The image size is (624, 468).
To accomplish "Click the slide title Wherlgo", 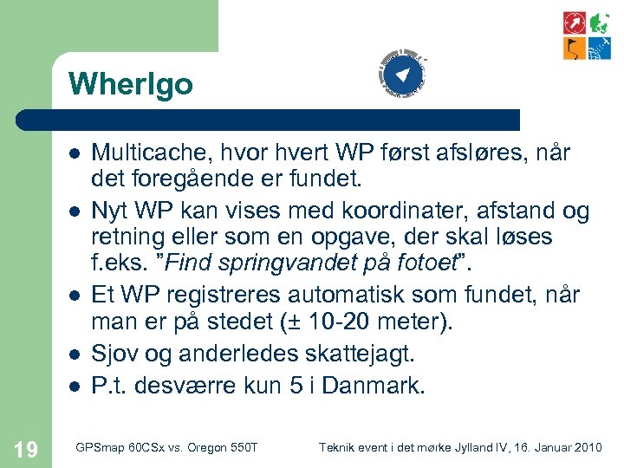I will click(x=130, y=84).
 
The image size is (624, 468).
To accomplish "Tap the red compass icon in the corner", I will click(x=574, y=23).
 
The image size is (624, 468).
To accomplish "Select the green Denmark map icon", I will click(x=599, y=23).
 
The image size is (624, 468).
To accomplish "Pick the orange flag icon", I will click(x=574, y=49).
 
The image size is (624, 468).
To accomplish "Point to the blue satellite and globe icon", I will click(x=599, y=49).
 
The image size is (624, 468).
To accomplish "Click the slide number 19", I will click(x=26, y=448).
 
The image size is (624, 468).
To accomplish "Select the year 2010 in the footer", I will click(x=588, y=447).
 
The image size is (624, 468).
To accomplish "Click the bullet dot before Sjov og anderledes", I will click(x=75, y=353).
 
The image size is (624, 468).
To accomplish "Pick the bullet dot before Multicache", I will click(x=75, y=153).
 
